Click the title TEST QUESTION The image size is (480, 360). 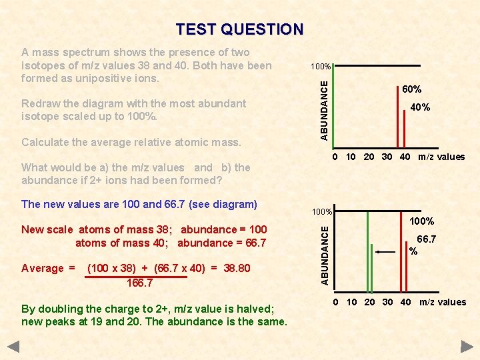[239, 29]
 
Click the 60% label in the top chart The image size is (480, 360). [411, 89]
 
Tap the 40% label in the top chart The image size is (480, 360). [420, 107]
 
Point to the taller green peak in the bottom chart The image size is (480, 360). [367, 252]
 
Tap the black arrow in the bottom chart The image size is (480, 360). [385, 252]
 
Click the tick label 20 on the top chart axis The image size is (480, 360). [369, 157]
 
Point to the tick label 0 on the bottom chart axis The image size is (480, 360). [336, 302]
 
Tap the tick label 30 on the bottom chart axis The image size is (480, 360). [387, 302]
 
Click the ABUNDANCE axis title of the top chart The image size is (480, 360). [323, 109]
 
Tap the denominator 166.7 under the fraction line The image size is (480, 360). [139, 283]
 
